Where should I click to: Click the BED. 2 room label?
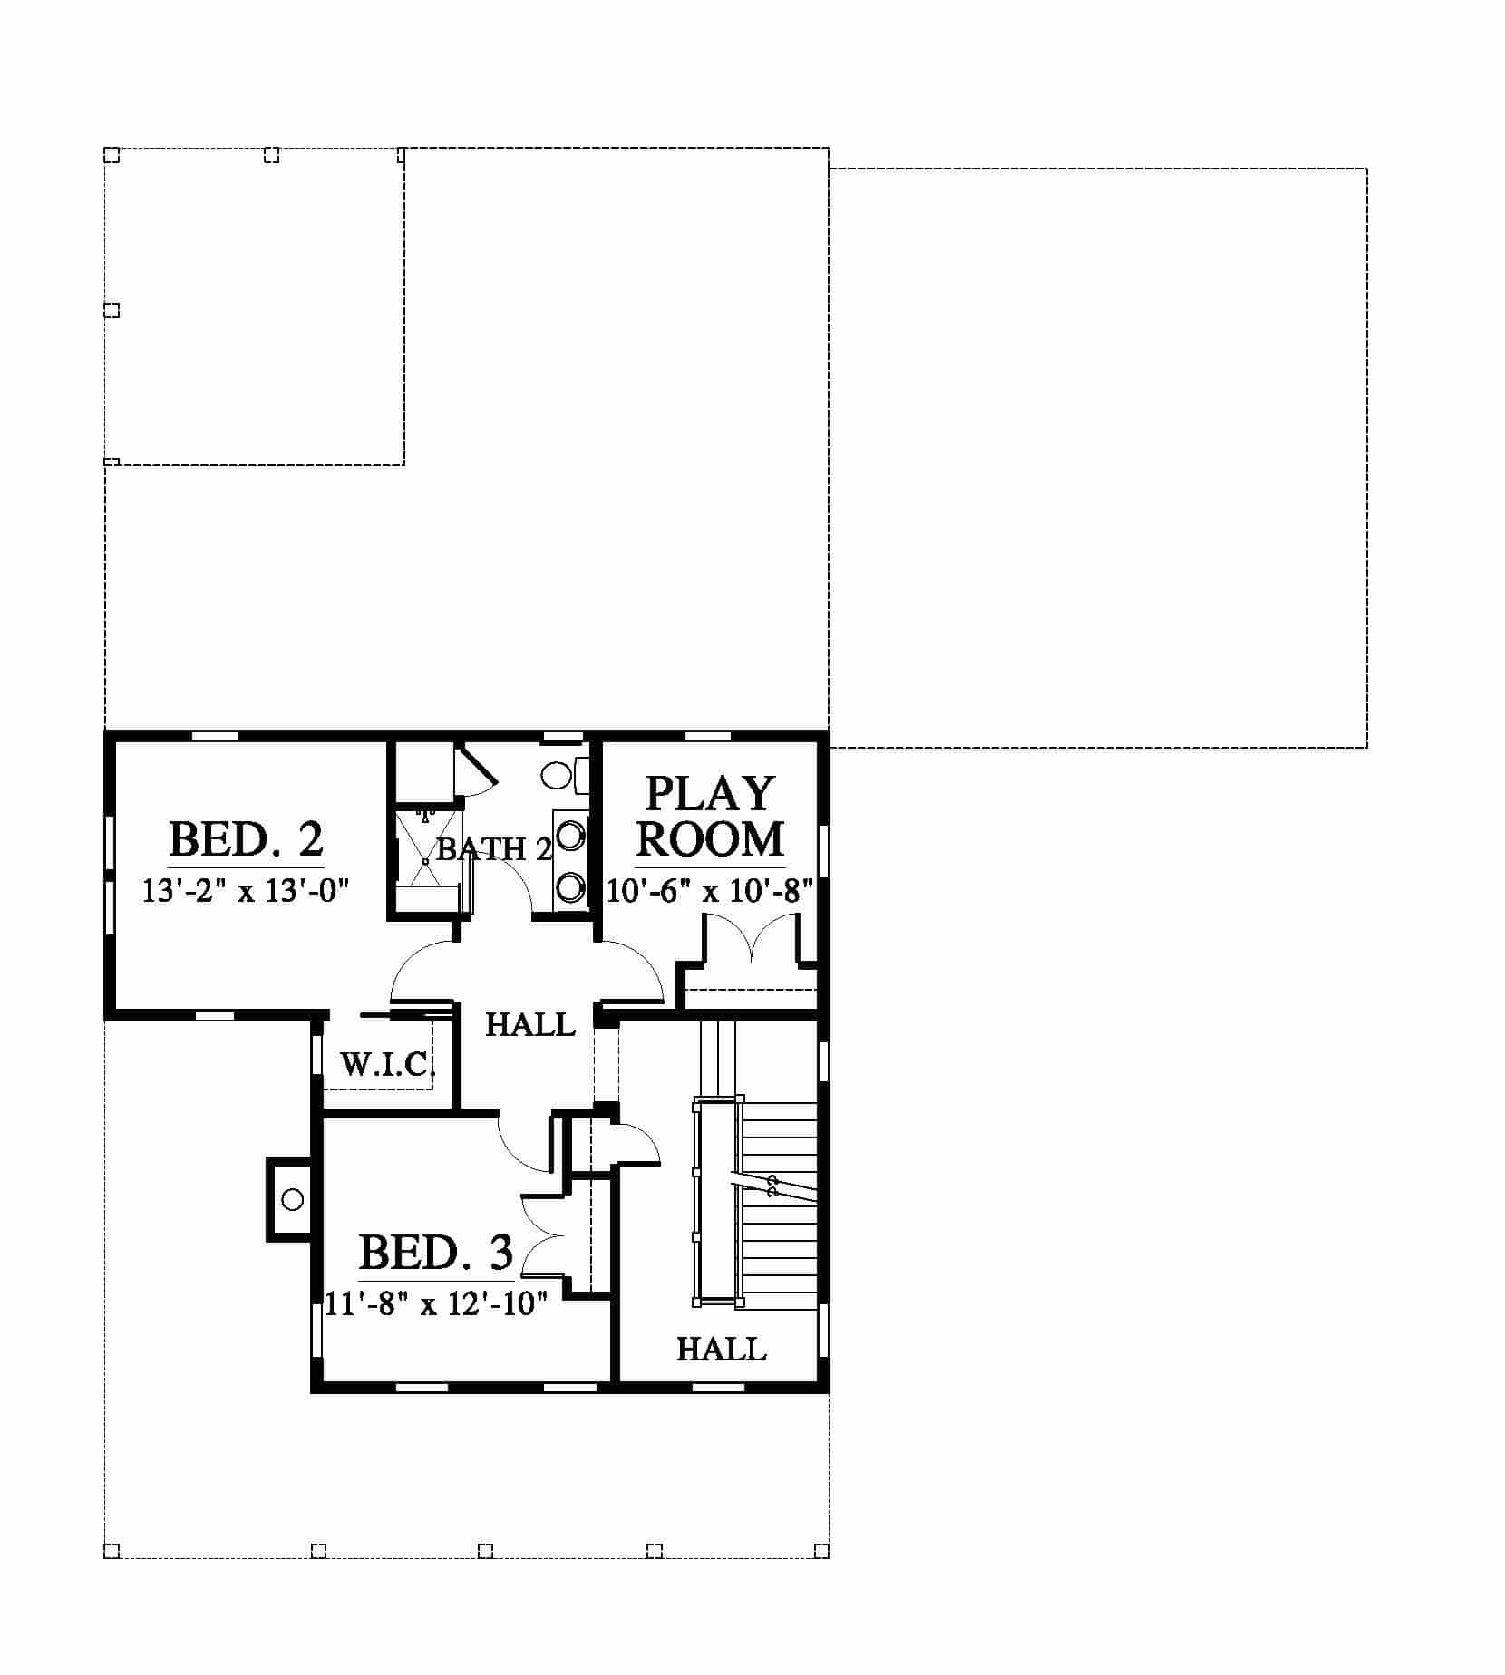(246, 839)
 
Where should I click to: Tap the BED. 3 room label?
(436, 1254)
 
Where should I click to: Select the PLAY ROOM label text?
(710, 816)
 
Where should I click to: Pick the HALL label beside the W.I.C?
(530, 1025)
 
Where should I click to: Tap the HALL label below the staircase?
(722, 1375)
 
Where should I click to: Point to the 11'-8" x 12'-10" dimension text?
(436, 1305)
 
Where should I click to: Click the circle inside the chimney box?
(292, 1199)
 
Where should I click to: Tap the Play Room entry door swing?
(635, 971)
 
